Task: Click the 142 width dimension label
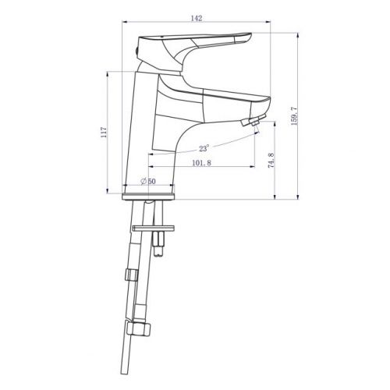[x=197, y=18]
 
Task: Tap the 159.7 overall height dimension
[x=294, y=116]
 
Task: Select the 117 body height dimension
[x=104, y=133]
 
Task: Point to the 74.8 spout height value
[x=271, y=160]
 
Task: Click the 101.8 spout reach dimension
[x=201, y=163]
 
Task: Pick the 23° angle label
[x=204, y=148]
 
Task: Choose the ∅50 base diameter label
[x=148, y=181]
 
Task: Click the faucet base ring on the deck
[x=148, y=197]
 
